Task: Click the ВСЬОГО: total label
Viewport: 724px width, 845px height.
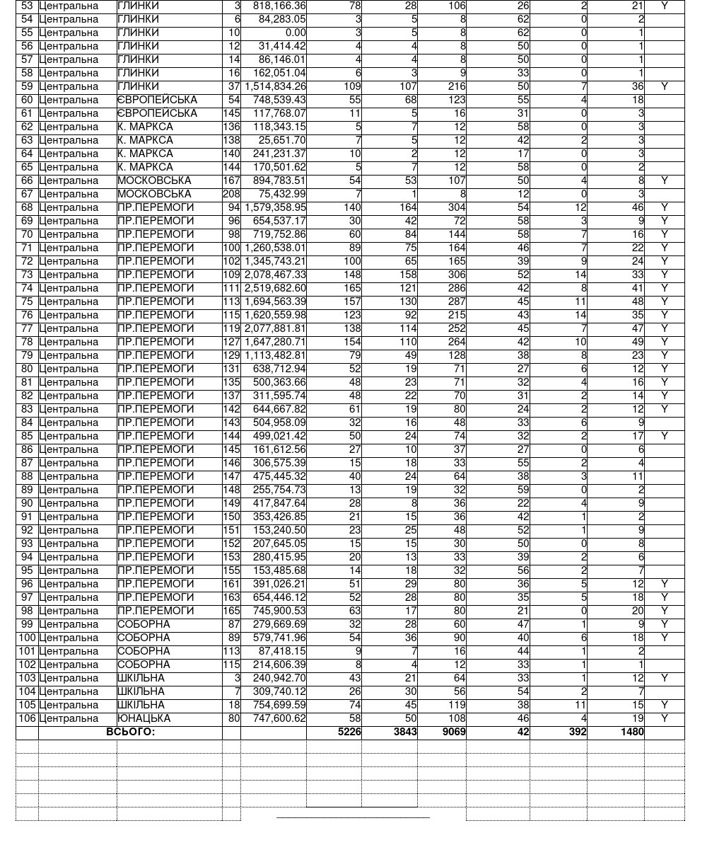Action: pyautogui.click(x=130, y=732)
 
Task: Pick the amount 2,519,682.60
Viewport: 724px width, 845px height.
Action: pyautogui.click(x=275, y=288)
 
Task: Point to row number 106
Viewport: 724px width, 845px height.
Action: pyautogui.click(x=27, y=718)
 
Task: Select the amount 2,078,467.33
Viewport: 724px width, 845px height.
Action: pyautogui.click(x=275, y=275)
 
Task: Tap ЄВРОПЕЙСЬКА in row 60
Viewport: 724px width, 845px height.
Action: pyautogui.click(x=157, y=100)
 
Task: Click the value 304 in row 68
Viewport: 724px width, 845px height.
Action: pyautogui.click(x=455, y=207)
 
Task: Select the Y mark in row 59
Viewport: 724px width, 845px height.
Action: pyautogui.click(x=664, y=86)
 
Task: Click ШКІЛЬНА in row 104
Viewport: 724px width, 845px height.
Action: pyautogui.click(x=141, y=691)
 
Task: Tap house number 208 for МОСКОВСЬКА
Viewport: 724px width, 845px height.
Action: pyautogui.click(x=231, y=194)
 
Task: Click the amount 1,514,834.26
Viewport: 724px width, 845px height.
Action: pyautogui.click(x=275, y=86)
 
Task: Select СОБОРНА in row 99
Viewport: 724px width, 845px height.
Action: pyautogui.click(x=144, y=624)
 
